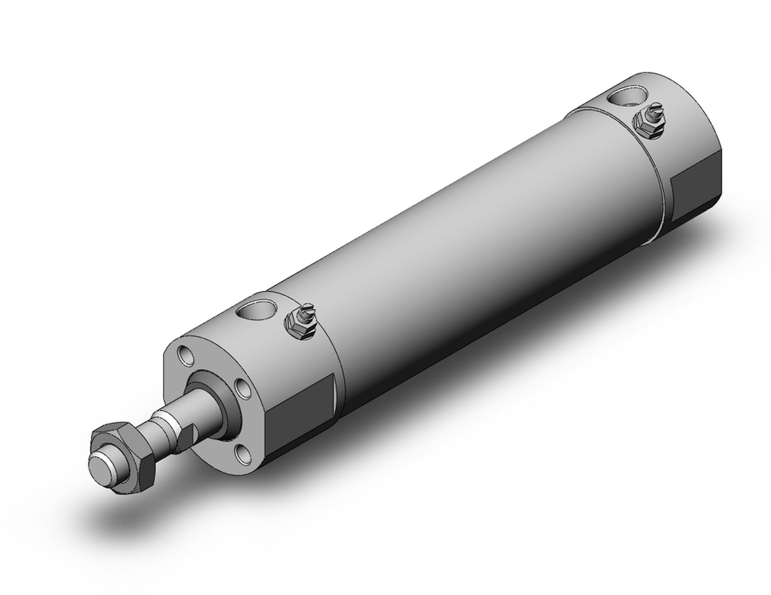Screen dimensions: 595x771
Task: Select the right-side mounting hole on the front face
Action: tap(243, 388)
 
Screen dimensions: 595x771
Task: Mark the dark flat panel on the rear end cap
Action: tap(698, 189)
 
